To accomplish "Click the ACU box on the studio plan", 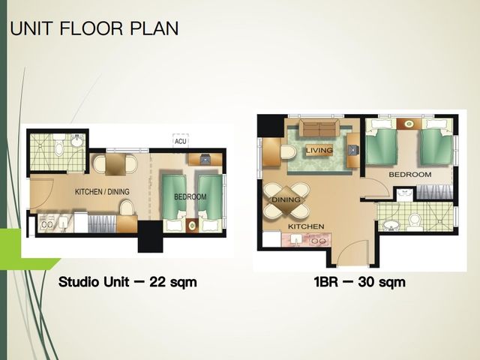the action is (181, 141).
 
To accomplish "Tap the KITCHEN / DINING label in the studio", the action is (102, 192).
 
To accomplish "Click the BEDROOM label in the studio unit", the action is (190, 196).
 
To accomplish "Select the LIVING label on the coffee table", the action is (319, 150).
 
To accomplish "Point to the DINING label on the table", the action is (286, 200).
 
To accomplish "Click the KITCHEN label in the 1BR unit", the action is (306, 226).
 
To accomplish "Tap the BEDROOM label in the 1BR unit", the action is (410, 175).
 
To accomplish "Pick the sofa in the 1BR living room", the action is (319, 127).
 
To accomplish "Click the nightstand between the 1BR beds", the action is (409, 124).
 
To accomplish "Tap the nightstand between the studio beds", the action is (192, 226).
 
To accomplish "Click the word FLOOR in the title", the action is (91, 28).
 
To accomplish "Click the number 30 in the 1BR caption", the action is (367, 282).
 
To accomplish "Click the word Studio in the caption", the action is (79, 282).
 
